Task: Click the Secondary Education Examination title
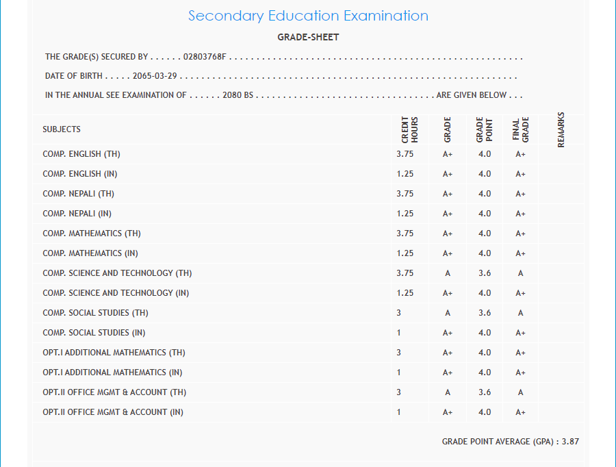[308, 16]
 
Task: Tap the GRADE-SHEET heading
[308, 38]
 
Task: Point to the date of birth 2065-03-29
[155, 76]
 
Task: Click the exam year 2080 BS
[238, 95]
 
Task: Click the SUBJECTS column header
[62, 129]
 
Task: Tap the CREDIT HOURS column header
[409, 129]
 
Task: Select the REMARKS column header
[561, 129]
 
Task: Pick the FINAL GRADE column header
[521, 129]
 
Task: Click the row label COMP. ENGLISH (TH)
[81, 154]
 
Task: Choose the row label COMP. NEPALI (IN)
[77, 214]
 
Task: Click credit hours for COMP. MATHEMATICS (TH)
[405, 233]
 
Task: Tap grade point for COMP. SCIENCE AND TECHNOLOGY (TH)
[485, 273]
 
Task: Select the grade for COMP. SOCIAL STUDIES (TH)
[448, 313]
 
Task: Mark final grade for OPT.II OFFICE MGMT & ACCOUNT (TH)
[521, 392]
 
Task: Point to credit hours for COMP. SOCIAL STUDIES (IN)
[398, 333]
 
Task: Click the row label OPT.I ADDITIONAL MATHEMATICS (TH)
[114, 353]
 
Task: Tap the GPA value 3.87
[570, 442]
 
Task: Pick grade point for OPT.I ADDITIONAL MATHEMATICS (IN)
[485, 373]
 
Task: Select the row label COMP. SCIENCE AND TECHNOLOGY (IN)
[116, 293]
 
